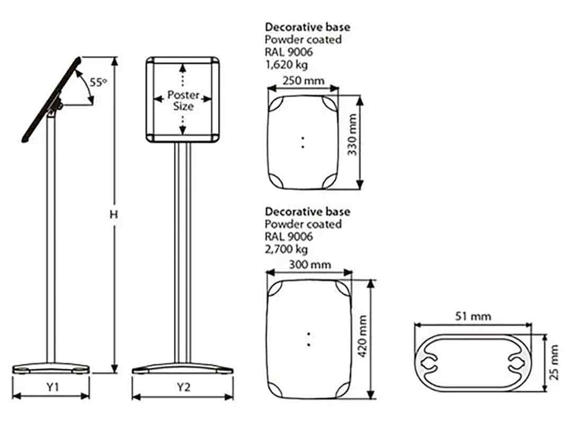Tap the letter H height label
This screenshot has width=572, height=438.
tap(113, 214)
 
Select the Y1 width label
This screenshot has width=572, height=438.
tap(51, 387)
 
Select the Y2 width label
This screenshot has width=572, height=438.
tap(183, 387)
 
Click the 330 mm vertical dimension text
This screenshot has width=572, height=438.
tap(352, 141)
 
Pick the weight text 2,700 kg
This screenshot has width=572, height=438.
tap(286, 249)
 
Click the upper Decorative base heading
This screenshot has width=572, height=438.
tap(307, 27)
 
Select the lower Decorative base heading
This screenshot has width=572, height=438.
tap(307, 212)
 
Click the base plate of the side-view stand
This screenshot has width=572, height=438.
tap(51, 367)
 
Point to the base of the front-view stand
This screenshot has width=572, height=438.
tap(182, 367)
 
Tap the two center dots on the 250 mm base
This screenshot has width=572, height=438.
tap(302, 142)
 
